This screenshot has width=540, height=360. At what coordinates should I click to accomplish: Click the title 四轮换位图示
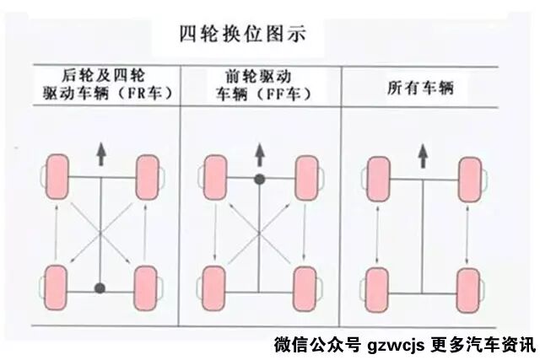[242, 35]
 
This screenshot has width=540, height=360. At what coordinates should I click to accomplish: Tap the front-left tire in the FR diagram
[57, 176]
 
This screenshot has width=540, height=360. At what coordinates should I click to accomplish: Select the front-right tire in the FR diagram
[147, 176]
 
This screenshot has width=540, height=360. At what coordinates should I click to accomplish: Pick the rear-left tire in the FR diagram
[57, 287]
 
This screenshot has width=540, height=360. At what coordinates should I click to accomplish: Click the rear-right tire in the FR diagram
[147, 287]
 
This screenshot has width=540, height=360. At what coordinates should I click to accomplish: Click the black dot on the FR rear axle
[100, 288]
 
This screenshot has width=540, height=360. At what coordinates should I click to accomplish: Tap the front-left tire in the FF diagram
[215, 177]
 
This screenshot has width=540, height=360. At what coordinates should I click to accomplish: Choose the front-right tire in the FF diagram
[305, 177]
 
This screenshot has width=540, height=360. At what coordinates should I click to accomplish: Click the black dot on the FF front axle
[260, 178]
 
